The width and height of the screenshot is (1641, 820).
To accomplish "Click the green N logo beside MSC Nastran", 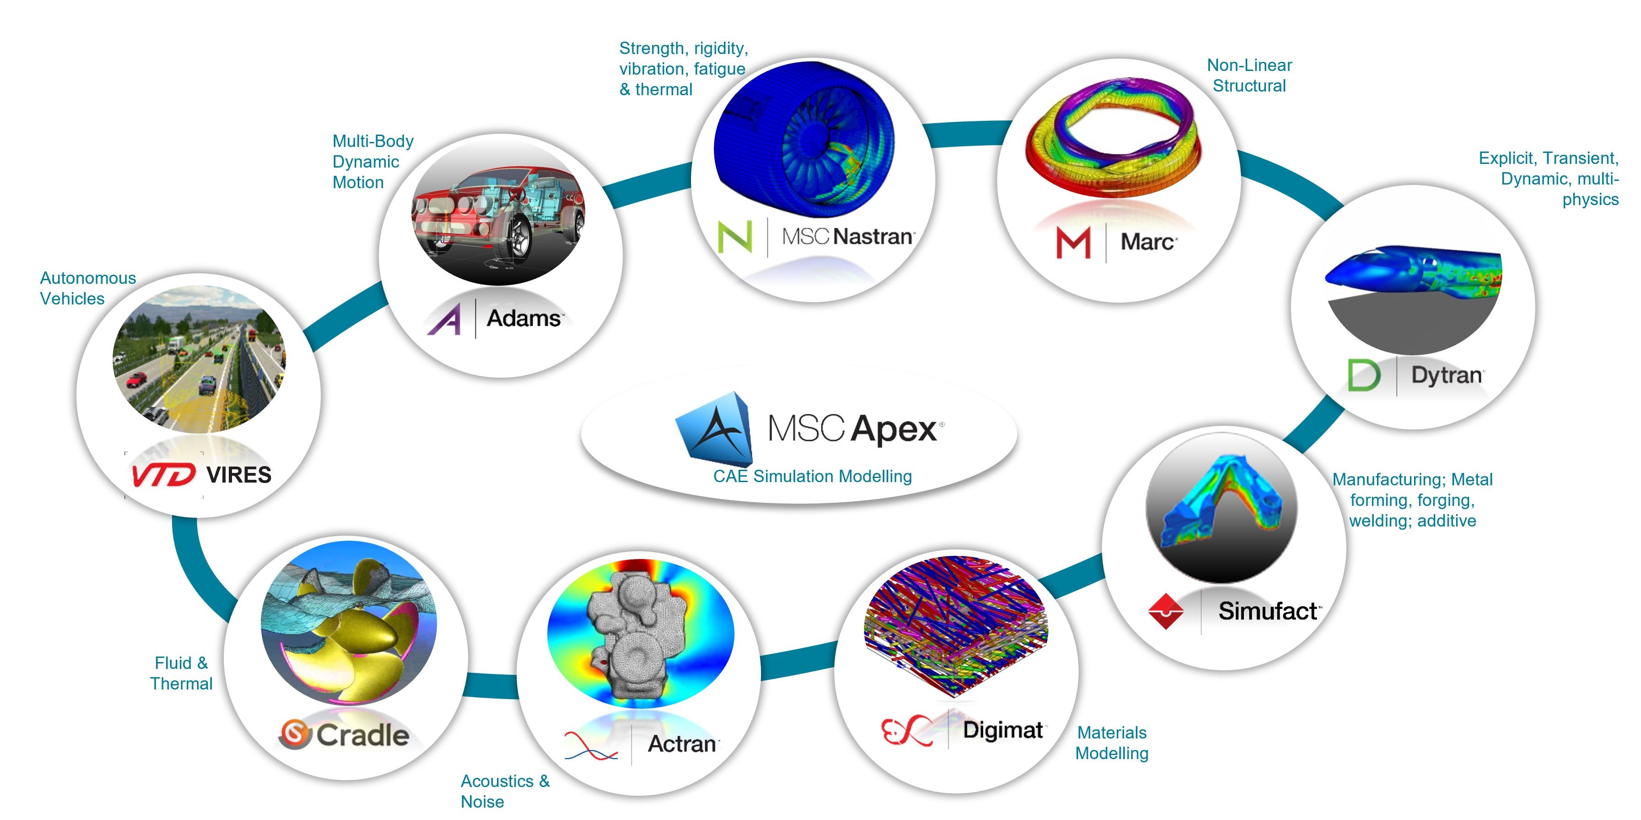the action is click(734, 237).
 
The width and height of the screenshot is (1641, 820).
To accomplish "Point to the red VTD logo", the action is click(163, 475).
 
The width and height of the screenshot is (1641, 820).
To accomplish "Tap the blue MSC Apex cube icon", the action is click(715, 428).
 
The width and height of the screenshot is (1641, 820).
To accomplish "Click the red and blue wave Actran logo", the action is click(590, 745).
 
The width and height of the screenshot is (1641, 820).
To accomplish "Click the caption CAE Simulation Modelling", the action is click(812, 476).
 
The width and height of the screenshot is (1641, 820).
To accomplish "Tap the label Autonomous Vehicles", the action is click(88, 288).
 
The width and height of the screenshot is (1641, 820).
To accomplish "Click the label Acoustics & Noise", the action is click(505, 791).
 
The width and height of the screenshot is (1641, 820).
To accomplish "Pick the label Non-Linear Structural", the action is click(1249, 75).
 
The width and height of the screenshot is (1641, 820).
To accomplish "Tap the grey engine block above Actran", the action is click(634, 634).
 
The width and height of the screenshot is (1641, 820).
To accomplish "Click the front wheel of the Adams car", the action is click(518, 237).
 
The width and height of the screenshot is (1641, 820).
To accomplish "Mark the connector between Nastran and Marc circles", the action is click(966, 134).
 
